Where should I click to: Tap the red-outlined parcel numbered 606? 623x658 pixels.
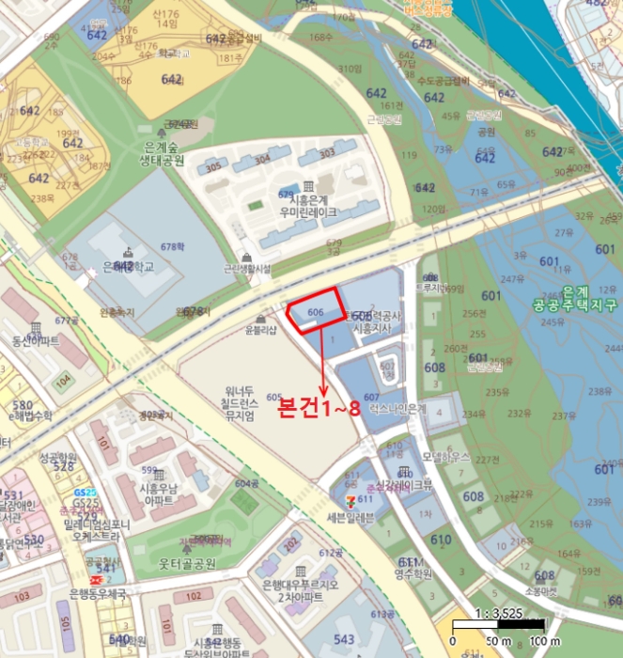coord(316,313)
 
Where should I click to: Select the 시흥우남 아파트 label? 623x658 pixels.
coord(158,494)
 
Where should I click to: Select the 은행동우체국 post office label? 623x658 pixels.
coord(98,594)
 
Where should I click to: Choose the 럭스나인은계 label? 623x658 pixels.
coord(399,410)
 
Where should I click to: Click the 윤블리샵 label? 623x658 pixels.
coord(260,330)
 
